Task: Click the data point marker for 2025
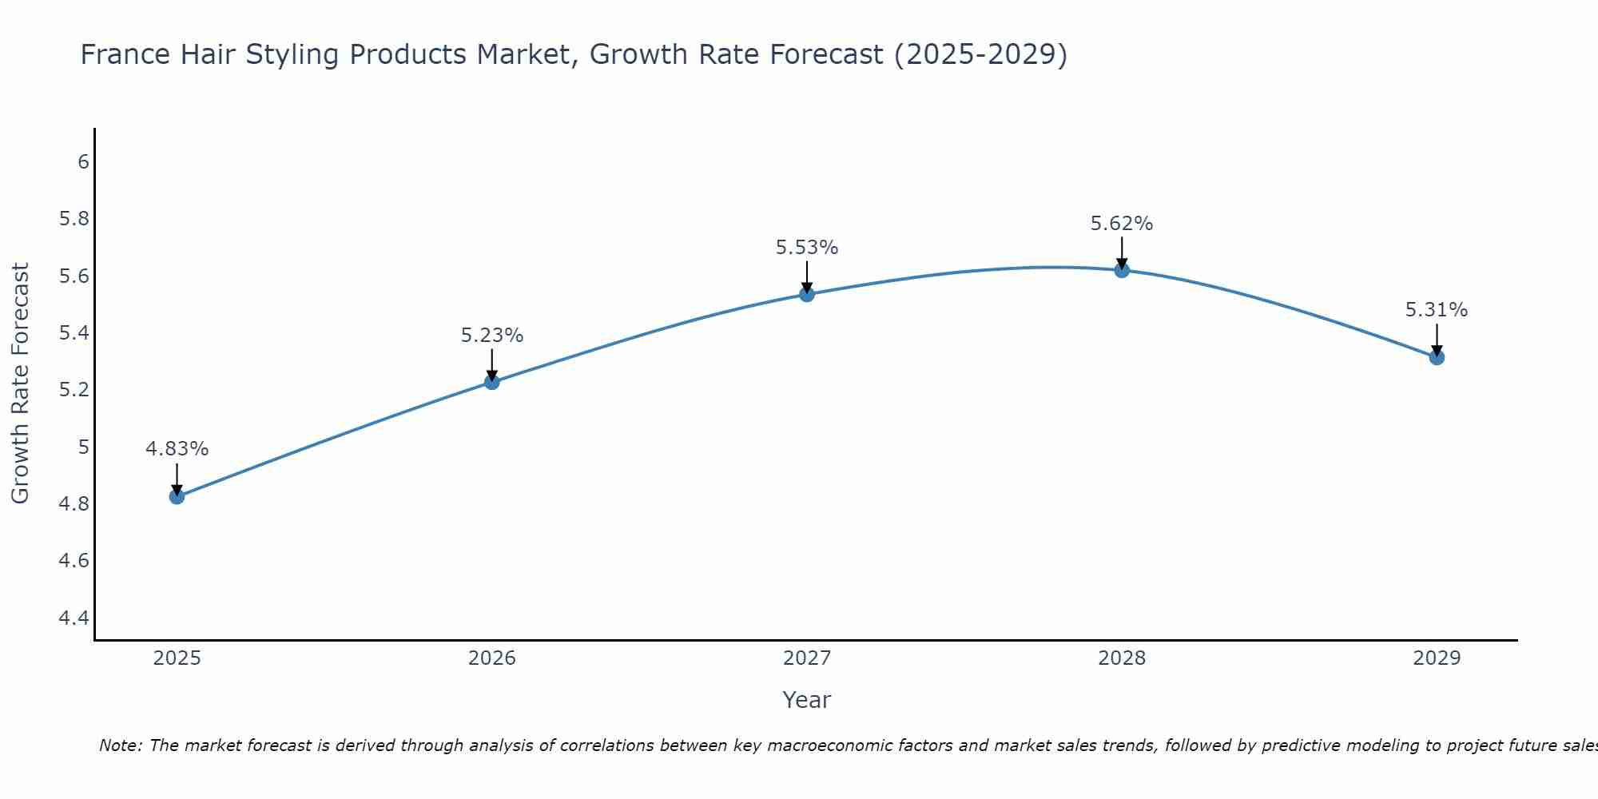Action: coord(177,496)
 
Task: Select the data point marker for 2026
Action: coord(491,382)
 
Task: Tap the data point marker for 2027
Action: coord(807,294)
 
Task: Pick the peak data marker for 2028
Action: coord(1122,270)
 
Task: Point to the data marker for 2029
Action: coord(1437,357)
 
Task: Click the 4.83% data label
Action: coord(177,449)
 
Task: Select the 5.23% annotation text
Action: coord(491,336)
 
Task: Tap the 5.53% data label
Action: coord(807,248)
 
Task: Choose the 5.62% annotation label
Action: coord(1122,224)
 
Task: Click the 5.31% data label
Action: coord(1437,310)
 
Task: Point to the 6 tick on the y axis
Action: coord(83,162)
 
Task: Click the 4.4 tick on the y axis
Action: coord(74,618)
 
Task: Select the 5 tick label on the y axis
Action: coord(83,447)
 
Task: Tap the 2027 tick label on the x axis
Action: coord(807,658)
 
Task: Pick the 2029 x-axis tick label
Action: coord(1437,658)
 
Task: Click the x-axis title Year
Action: coord(807,700)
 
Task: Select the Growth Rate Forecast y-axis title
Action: coord(21,384)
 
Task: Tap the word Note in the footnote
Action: coord(120,745)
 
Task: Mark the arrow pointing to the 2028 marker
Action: coord(1122,253)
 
